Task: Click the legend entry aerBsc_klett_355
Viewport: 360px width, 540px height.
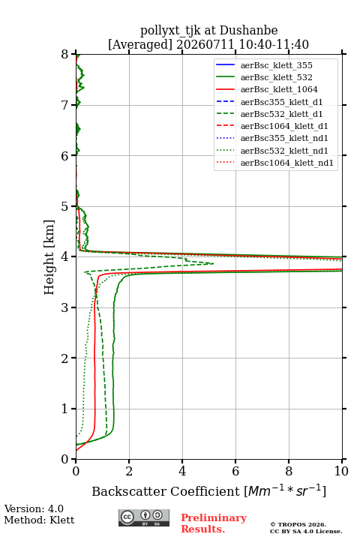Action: pyautogui.click(x=276, y=65)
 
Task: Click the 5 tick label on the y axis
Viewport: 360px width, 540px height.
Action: pyautogui.click(x=65, y=206)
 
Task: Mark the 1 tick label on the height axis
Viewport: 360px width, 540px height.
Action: pyautogui.click(x=65, y=409)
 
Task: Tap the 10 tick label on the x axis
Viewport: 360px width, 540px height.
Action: pyautogui.click(x=341, y=471)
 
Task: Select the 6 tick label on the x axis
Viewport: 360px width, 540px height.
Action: pyautogui.click(x=235, y=471)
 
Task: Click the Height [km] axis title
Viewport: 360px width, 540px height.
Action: pyautogui.click(x=49, y=257)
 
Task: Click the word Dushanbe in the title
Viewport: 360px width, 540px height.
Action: pyautogui.click(x=248, y=30)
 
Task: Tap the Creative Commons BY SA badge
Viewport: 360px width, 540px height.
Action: pyautogui.click(x=144, y=517)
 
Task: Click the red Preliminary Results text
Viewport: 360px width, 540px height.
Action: pyautogui.click(x=214, y=523)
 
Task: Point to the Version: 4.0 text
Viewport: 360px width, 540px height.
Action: pyautogui.click(x=34, y=508)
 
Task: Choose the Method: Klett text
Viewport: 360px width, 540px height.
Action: pyautogui.click(x=39, y=520)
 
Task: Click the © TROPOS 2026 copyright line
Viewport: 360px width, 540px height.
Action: pyautogui.click(x=298, y=524)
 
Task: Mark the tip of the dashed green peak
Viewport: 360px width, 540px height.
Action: pyautogui.click(x=214, y=263)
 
